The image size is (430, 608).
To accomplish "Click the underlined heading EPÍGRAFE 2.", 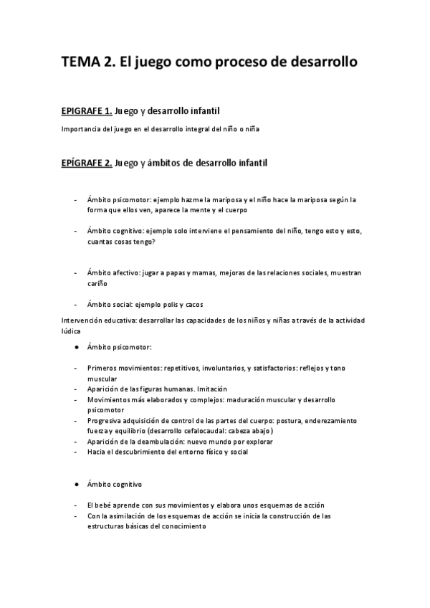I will coord(86,163).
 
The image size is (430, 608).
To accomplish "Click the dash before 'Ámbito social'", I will coord(76,304).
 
